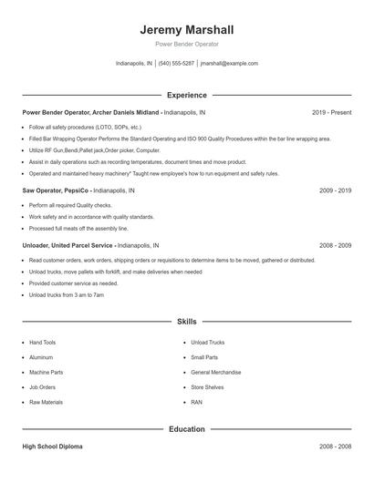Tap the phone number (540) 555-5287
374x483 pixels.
[176, 64]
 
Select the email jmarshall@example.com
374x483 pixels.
[229, 64]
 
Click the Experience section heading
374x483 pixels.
[187, 95]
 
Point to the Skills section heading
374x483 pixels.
[187, 322]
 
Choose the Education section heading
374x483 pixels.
[187, 428]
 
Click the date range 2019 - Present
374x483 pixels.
[331, 112]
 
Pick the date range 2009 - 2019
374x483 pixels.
[336, 191]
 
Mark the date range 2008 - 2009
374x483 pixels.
[336, 245]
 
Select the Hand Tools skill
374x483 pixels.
[43, 343]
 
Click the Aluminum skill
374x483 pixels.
[41, 357]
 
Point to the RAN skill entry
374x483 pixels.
[196, 402]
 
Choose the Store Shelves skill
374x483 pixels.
[207, 387]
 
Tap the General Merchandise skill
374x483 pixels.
[215, 372]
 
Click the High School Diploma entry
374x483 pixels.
[53, 447]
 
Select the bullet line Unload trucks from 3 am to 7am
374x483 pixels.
[67, 295]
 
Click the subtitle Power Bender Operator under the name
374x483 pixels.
[187, 44]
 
